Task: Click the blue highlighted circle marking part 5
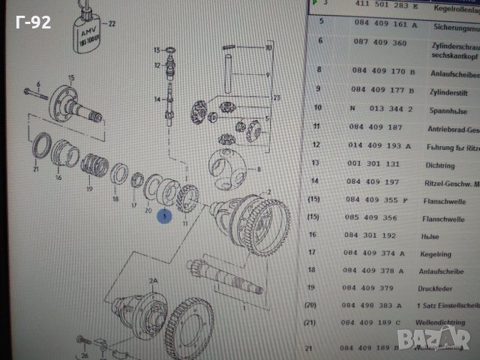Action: click(x=164, y=216)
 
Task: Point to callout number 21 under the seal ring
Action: click(x=35, y=170)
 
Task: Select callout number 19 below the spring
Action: click(x=88, y=189)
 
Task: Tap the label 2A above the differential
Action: click(x=154, y=281)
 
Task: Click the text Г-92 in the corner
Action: click(x=34, y=22)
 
